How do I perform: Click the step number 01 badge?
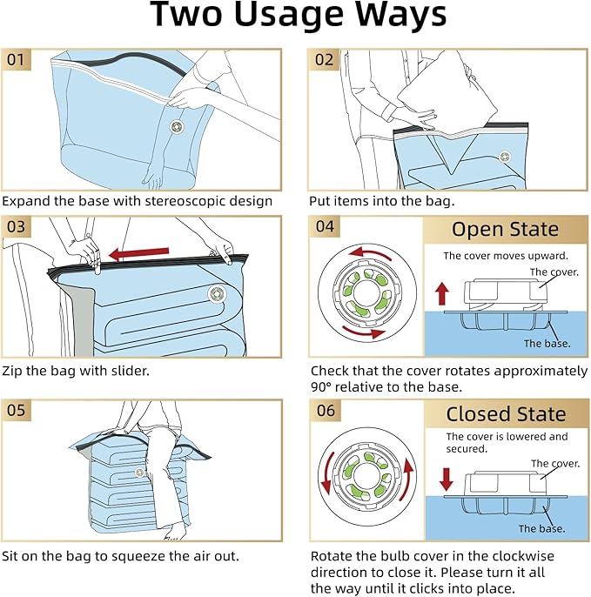[16, 60]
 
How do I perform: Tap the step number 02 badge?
[324, 60]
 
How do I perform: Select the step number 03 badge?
[16, 226]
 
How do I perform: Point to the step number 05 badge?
[16, 410]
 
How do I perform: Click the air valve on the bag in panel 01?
[177, 127]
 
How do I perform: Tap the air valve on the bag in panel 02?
[505, 157]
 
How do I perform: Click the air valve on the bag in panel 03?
[217, 293]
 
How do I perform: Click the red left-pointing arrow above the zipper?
[138, 253]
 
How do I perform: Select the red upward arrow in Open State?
[442, 293]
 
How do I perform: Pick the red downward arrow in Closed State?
[446, 479]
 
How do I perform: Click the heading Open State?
[505, 229]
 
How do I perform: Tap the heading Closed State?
[506, 414]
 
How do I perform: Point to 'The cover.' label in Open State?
[554, 272]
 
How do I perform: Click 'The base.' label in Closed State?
[541, 528]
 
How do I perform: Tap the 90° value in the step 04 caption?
[320, 386]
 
